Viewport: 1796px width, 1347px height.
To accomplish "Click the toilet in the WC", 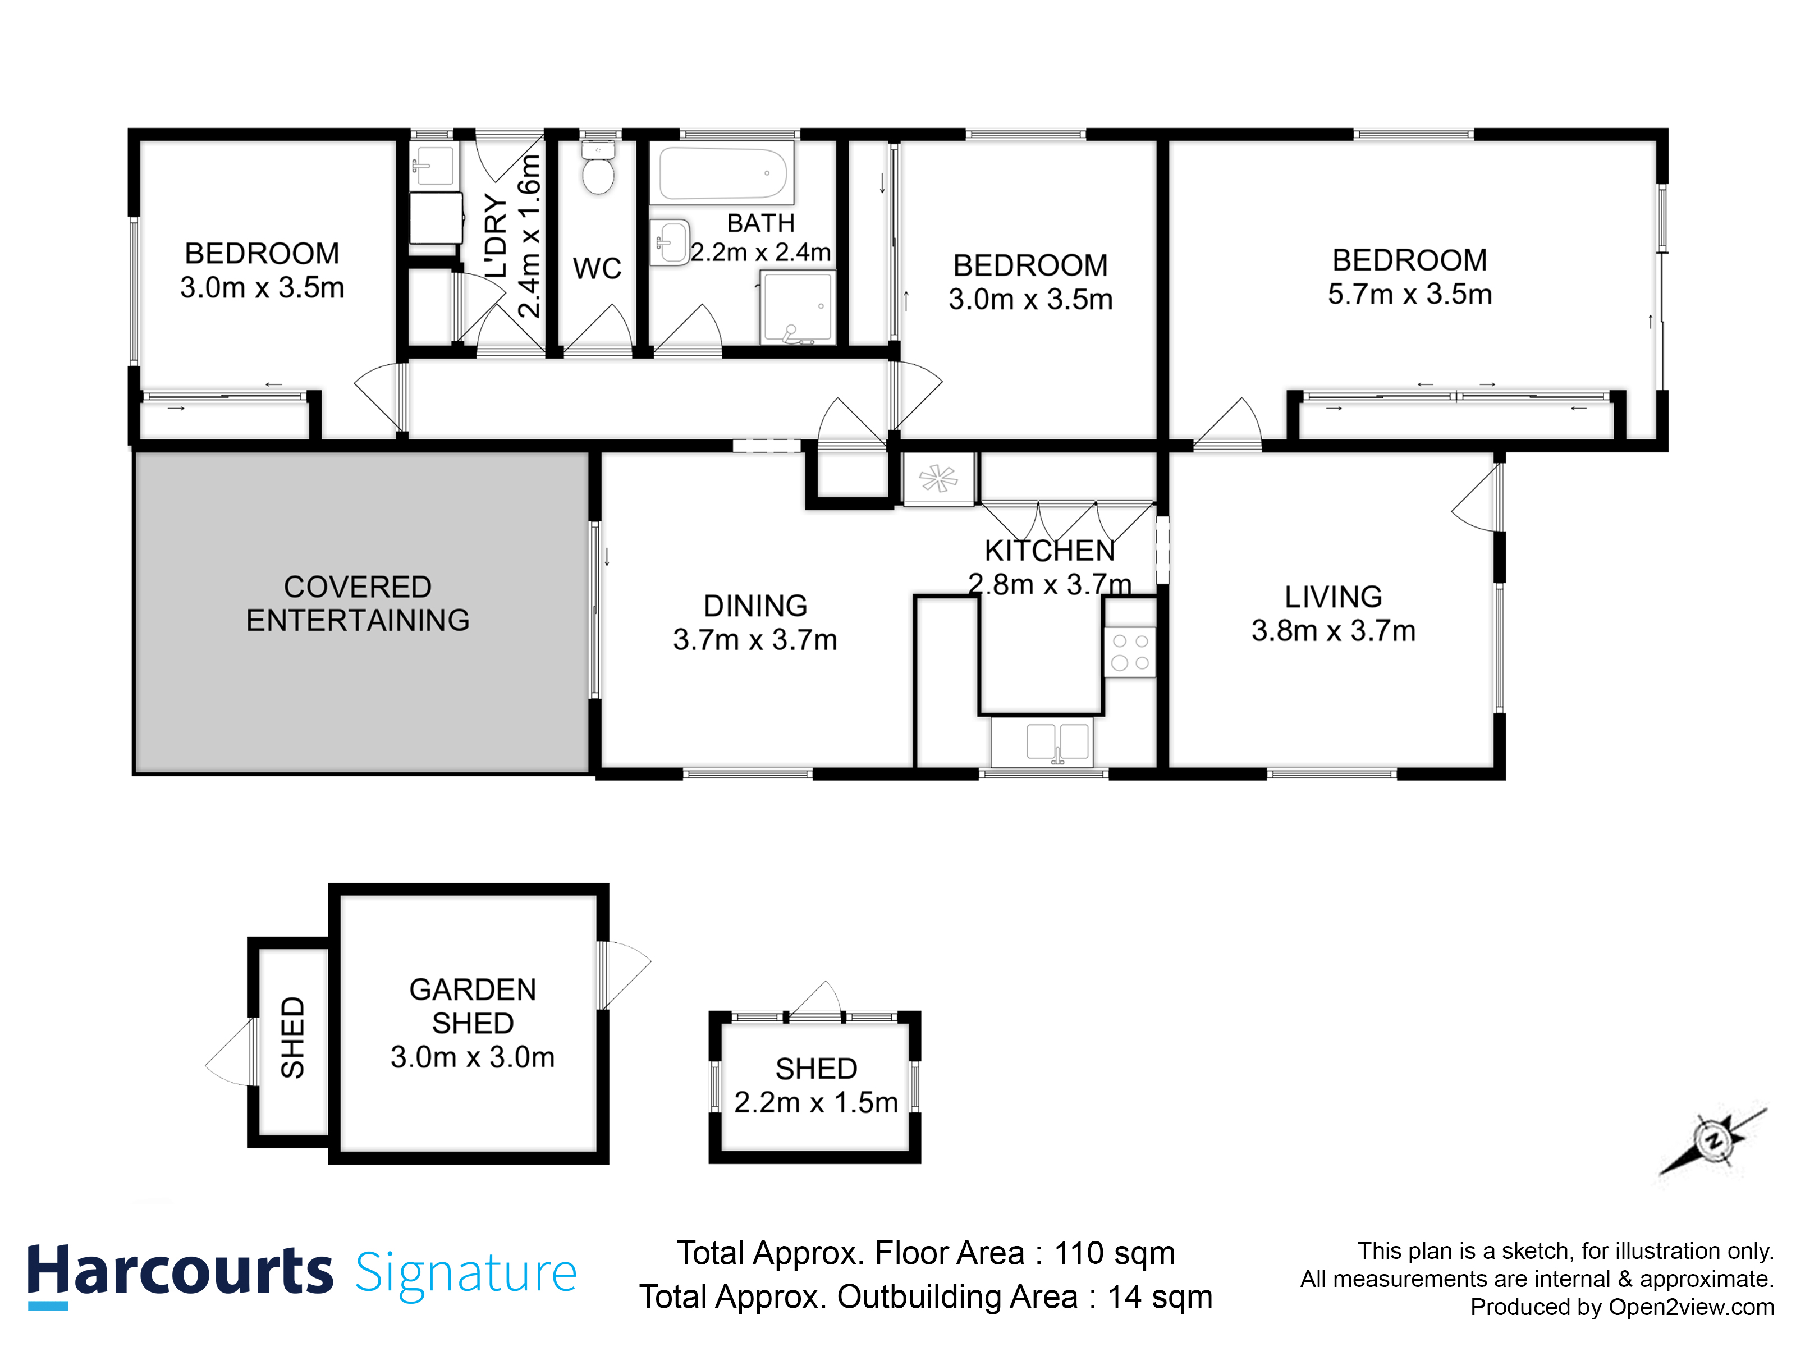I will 598,171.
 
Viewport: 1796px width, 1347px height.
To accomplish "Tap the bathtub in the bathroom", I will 721,173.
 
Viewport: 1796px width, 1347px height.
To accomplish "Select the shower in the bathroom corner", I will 798,308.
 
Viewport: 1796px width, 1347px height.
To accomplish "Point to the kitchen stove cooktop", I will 1129,651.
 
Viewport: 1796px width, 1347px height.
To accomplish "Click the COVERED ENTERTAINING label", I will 358,603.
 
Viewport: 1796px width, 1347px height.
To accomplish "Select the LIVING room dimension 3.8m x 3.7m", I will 1333,631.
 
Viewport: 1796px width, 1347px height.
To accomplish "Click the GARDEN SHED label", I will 473,1006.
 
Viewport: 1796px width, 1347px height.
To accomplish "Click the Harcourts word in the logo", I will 180,1271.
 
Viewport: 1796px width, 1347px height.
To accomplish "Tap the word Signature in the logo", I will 465,1273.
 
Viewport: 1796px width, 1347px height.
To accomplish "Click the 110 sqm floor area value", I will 1114,1253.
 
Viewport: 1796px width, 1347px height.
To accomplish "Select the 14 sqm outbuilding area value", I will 1160,1296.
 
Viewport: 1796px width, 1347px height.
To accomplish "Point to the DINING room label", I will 755,606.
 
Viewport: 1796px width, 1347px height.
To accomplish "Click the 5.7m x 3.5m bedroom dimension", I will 1409,294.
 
